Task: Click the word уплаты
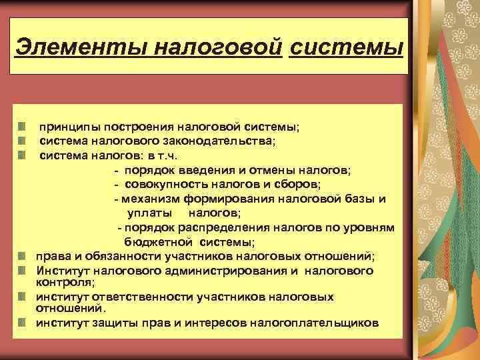tap(151, 213)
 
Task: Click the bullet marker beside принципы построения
tap(22, 126)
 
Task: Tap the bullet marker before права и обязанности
tap(22, 256)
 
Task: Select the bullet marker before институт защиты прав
tap(22, 323)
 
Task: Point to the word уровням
tap(371, 228)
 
